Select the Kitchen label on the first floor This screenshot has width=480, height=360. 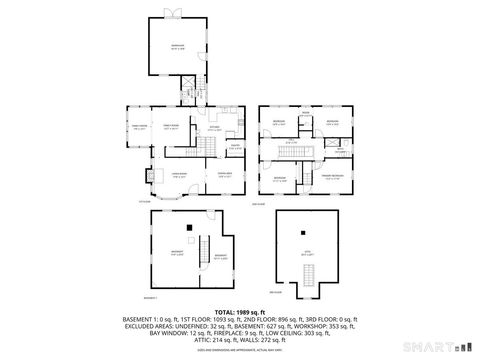tap(214, 127)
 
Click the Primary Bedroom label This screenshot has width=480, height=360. tap(332, 176)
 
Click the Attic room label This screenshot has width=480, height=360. tap(308, 254)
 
